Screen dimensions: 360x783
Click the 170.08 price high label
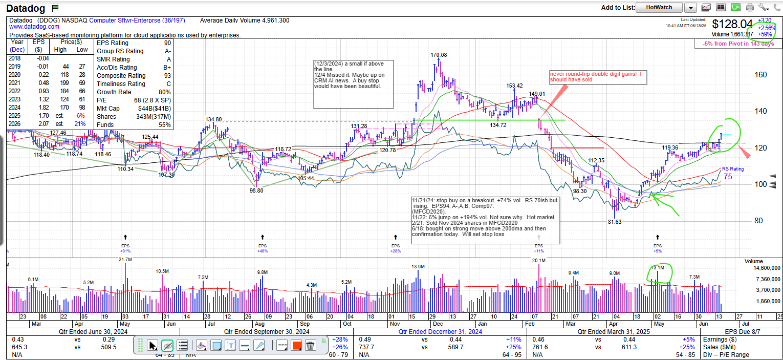[x=439, y=55]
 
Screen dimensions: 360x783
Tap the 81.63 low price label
[x=615, y=222]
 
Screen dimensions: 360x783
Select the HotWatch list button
[x=660, y=7]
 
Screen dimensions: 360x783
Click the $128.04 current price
[x=732, y=24]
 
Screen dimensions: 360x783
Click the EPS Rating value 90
[x=167, y=43]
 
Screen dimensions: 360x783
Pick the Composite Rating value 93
[x=167, y=76]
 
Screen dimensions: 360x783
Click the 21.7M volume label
[x=125, y=260]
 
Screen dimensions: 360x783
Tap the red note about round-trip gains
[x=595, y=77]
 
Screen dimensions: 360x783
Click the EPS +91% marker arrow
[x=125, y=237]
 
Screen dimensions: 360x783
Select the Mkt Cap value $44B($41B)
[x=156, y=109]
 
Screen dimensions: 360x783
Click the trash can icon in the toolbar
[x=310, y=346]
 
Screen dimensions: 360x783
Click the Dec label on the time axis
[x=438, y=324]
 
